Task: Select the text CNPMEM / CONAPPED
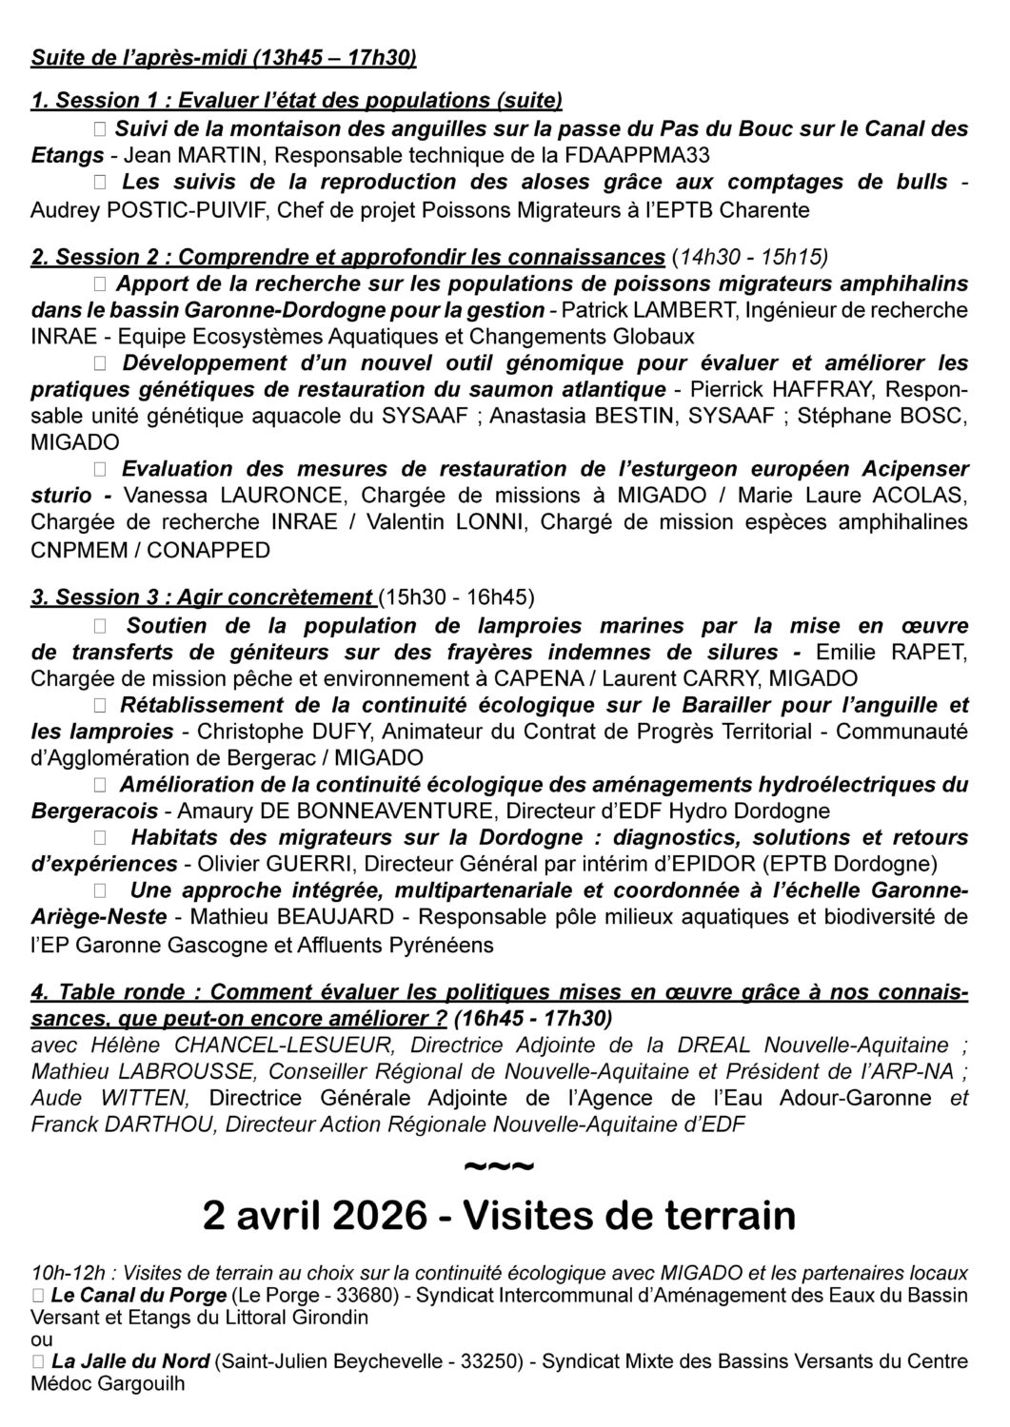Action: pyautogui.click(x=150, y=550)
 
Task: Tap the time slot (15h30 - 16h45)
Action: pyautogui.click(x=456, y=597)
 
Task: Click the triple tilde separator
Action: pyautogui.click(x=498, y=1165)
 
